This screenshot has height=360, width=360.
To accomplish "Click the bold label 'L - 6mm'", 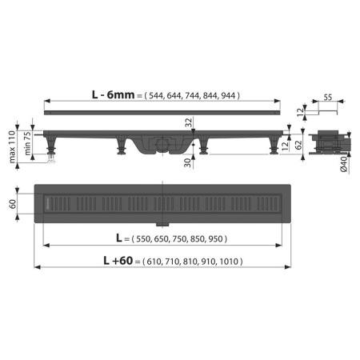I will [x=113, y=95].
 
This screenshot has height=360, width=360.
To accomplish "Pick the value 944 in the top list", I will [x=227, y=95].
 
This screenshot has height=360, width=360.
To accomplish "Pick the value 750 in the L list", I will [x=180, y=239].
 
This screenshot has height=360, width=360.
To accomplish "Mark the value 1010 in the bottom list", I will [x=230, y=261].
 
